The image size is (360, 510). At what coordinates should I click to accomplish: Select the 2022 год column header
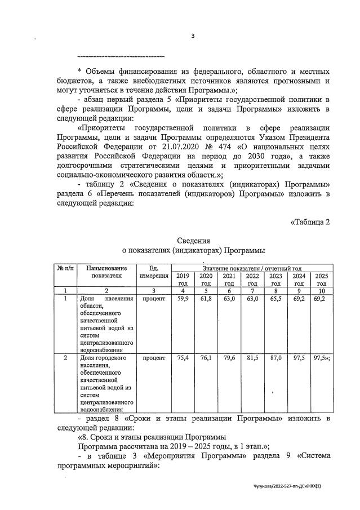252,279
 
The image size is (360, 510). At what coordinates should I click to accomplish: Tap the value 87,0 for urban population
275,358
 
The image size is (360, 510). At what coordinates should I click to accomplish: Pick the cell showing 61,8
206,298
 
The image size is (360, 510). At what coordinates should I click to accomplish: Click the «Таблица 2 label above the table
309,221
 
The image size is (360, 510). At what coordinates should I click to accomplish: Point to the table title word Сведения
193,241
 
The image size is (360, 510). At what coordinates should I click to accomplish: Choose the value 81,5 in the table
252,358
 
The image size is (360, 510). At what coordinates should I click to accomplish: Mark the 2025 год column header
322,279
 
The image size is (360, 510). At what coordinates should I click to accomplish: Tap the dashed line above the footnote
120,56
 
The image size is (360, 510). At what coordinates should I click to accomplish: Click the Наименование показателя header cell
106,273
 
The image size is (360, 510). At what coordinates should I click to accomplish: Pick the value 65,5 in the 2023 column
275,298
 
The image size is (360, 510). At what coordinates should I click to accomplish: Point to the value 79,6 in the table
229,358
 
